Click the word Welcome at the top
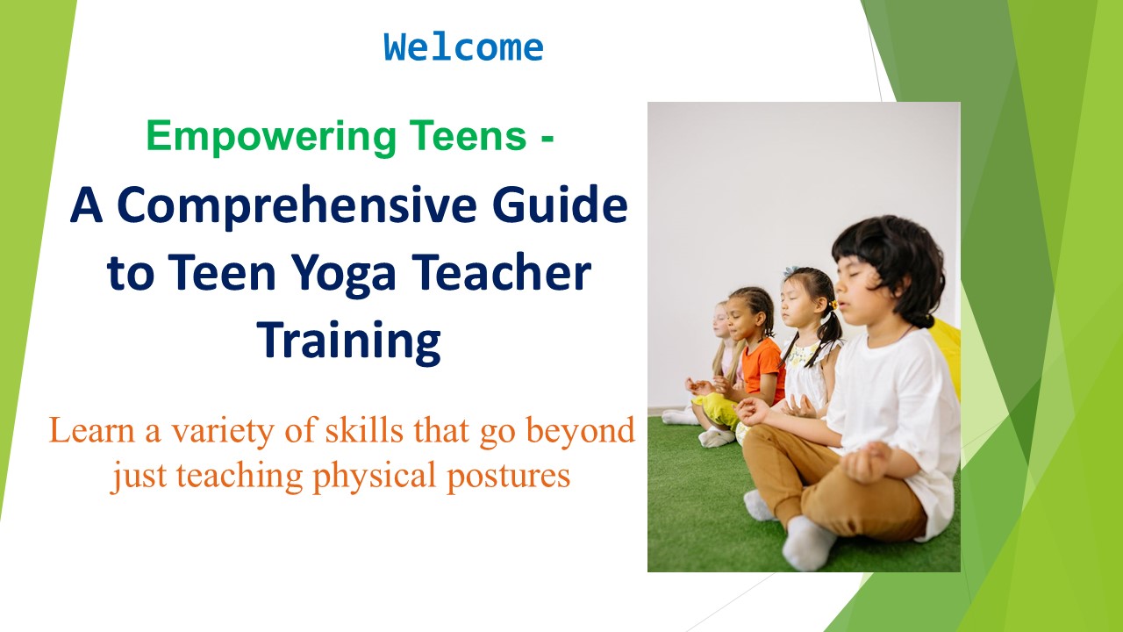click(463, 47)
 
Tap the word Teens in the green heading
click(465, 137)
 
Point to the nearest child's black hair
click(886, 255)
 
